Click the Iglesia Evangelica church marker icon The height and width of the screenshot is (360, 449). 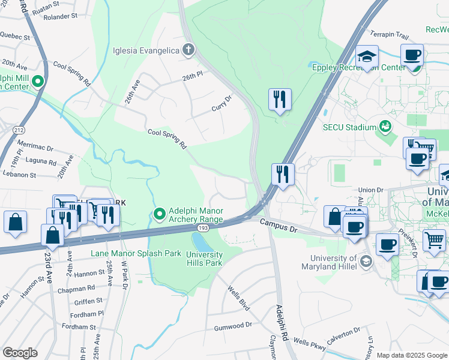coord(188,50)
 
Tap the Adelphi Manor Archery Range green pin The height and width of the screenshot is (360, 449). coord(159,214)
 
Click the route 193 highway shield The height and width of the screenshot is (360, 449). coord(203,229)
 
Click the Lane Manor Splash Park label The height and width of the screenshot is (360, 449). coord(136,253)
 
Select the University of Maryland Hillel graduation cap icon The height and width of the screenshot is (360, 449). coord(366,261)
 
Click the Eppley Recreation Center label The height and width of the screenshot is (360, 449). coord(359,67)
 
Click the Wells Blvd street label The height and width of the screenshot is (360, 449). coord(238,298)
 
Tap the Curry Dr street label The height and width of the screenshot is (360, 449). coord(221,103)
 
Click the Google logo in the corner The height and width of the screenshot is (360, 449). coord(20,352)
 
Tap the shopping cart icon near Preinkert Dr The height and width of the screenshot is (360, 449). coord(435,239)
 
